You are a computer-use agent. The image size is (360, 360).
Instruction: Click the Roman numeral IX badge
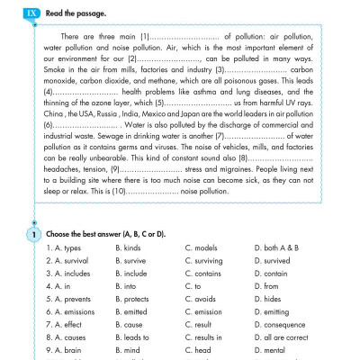(x=32, y=15)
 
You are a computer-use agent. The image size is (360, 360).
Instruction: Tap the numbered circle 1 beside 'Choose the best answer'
(x=32, y=233)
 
